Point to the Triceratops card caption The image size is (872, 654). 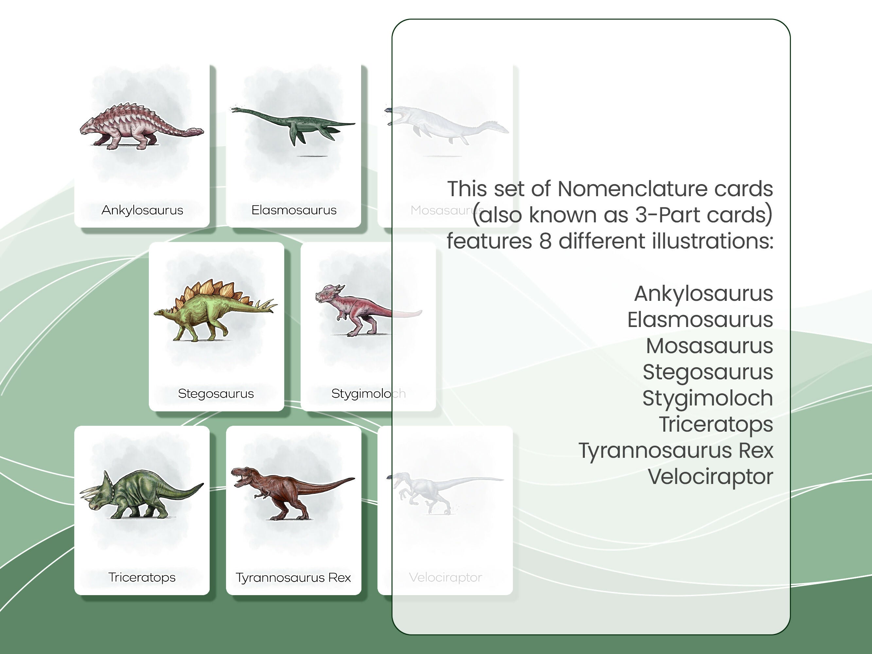point(142,577)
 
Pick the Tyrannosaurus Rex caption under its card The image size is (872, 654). point(293,577)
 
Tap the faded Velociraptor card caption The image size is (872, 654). point(445,577)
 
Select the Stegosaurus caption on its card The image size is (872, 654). point(216,393)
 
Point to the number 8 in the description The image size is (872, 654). point(545,241)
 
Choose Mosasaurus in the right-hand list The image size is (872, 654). point(709,346)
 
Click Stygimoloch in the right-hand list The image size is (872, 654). point(707,398)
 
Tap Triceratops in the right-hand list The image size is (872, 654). point(716,424)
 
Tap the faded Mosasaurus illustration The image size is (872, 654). point(445,125)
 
